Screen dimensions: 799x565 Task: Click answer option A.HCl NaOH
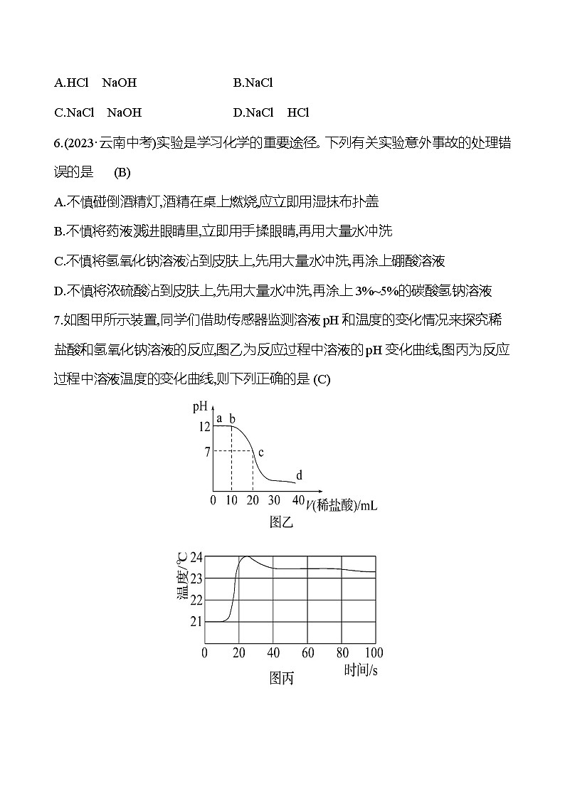click(95, 83)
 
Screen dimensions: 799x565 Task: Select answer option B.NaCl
click(253, 83)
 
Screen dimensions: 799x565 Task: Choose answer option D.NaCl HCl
click(270, 112)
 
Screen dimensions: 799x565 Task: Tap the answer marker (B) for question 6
click(122, 173)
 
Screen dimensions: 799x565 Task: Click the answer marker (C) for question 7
click(322, 379)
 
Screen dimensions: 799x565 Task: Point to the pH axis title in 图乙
click(200, 407)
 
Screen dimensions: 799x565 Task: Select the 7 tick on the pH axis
click(207, 451)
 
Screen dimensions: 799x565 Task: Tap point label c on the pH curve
click(260, 452)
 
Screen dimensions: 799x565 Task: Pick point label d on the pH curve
click(299, 475)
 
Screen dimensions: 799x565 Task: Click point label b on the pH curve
click(232, 418)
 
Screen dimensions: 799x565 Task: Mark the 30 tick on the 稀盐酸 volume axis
click(275, 499)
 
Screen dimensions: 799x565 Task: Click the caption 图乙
click(281, 523)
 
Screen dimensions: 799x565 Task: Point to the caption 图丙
click(281, 678)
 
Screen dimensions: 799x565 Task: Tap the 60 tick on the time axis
click(307, 652)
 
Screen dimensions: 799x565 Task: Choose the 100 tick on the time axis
click(374, 652)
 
